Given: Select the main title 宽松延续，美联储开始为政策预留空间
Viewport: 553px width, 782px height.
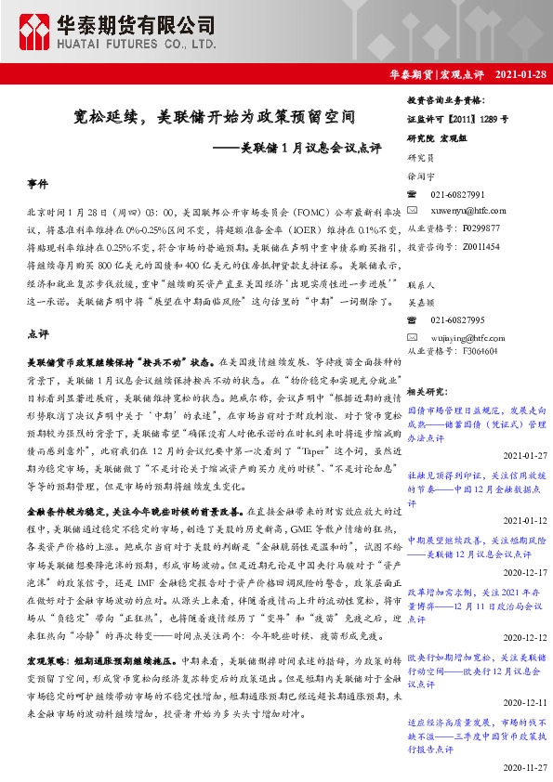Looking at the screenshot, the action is click(215, 118).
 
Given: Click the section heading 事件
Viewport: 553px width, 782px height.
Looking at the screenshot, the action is click(38, 185).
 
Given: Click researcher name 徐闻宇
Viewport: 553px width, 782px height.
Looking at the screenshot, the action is click(421, 176).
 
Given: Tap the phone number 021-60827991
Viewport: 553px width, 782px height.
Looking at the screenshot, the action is click(457, 193).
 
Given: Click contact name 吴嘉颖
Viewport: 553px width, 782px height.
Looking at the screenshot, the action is click(421, 302).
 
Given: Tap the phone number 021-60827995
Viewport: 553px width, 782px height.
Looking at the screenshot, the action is click(457, 319).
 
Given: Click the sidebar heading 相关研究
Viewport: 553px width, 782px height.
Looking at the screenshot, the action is click(428, 393).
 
